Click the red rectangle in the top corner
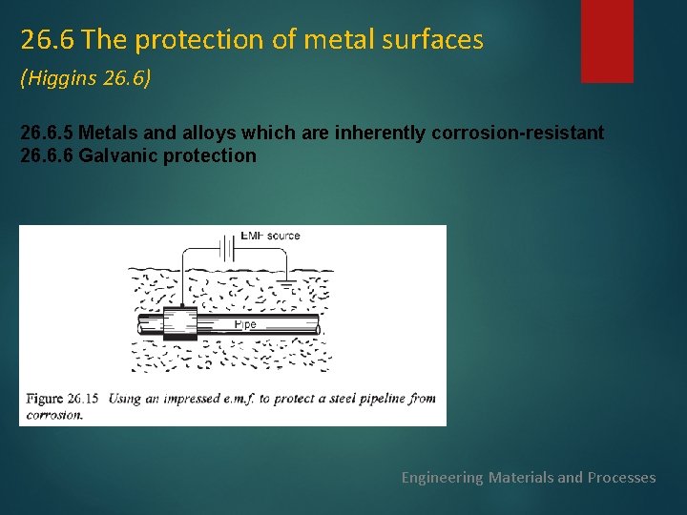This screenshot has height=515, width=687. pos(607,40)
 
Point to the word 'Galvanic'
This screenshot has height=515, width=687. pos(115,155)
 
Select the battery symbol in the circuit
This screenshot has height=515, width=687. pos(227,248)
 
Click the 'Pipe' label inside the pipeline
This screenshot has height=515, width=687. pos(245,325)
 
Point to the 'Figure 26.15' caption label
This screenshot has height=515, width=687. pos(62,399)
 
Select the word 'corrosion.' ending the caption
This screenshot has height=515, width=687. pos(52,415)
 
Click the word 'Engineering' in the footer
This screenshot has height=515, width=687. pos(442,477)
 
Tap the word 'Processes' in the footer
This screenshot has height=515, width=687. pos(621,477)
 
